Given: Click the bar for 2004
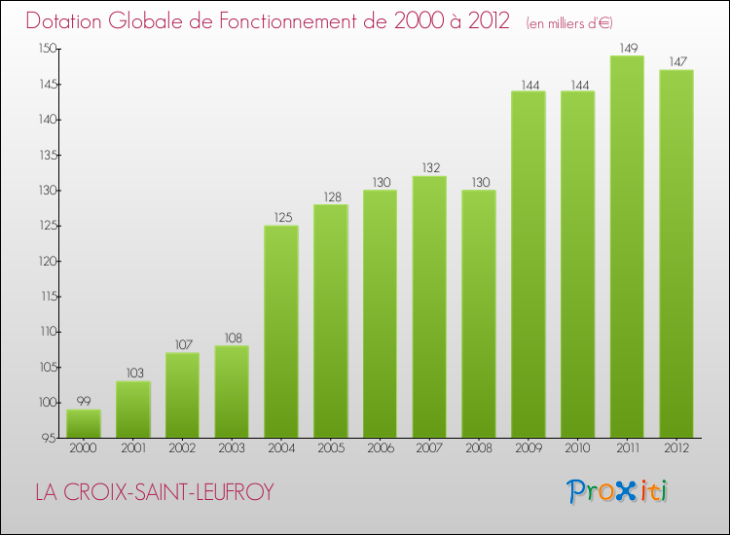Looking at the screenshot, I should tap(281, 331).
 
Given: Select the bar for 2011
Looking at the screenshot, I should tap(627, 246).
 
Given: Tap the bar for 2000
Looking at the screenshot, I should tap(84, 423).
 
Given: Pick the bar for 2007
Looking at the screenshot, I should tap(429, 306).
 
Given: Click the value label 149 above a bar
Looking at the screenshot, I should tap(627, 46).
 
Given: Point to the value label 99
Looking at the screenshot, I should tap(84, 400).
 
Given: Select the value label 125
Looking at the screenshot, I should tap(281, 216).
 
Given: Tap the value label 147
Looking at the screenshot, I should tap(676, 60).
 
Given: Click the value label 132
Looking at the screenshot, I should tap(429, 166).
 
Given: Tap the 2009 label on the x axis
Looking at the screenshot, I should tap(529, 449).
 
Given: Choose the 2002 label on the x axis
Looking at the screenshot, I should tap(183, 449).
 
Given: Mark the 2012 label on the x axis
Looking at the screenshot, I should tap(676, 449).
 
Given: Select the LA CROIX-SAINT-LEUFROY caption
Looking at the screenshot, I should tap(155, 493).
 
